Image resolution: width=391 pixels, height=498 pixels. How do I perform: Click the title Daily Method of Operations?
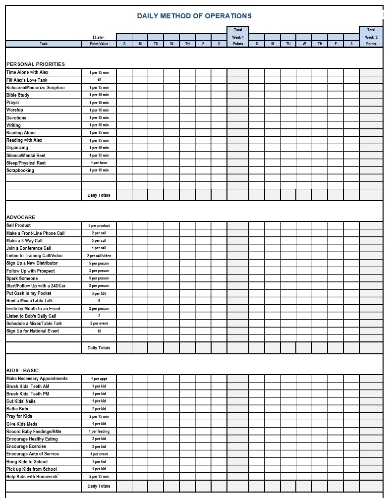[194, 16]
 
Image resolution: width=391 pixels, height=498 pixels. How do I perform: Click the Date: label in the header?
[99, 38]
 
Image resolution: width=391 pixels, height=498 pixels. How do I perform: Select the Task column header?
[44, 44]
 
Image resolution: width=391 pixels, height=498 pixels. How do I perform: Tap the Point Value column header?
[99, 44]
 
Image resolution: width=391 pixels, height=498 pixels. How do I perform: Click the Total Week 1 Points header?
[238, 37]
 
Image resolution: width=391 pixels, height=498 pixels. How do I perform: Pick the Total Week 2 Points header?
[371, 37]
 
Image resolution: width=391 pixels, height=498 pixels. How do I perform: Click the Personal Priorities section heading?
[36, 64]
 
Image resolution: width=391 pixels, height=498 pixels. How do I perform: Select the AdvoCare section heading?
[21, 218]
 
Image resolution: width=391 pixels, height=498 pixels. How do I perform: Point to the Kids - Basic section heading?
[22, 371]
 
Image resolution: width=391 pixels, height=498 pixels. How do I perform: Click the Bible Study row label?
[18, 95]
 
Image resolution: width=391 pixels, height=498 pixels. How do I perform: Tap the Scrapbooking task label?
[20, 170]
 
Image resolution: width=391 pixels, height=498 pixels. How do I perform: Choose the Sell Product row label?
[18, 225]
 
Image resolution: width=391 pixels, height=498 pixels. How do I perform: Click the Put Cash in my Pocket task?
[29, 293]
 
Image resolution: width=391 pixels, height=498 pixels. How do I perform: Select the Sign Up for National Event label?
[33, 331]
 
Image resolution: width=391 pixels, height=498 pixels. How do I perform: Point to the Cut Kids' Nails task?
[21, 401]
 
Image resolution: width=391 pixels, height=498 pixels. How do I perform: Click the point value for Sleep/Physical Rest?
[99, 163]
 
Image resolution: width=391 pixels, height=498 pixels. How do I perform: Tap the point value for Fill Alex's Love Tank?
[99, 80]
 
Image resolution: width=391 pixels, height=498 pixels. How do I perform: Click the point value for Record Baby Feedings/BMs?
[99, 432]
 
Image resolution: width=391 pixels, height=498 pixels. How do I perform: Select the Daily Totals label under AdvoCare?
[99, 348]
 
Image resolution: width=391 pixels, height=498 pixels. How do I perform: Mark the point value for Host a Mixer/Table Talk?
[99, 301]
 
